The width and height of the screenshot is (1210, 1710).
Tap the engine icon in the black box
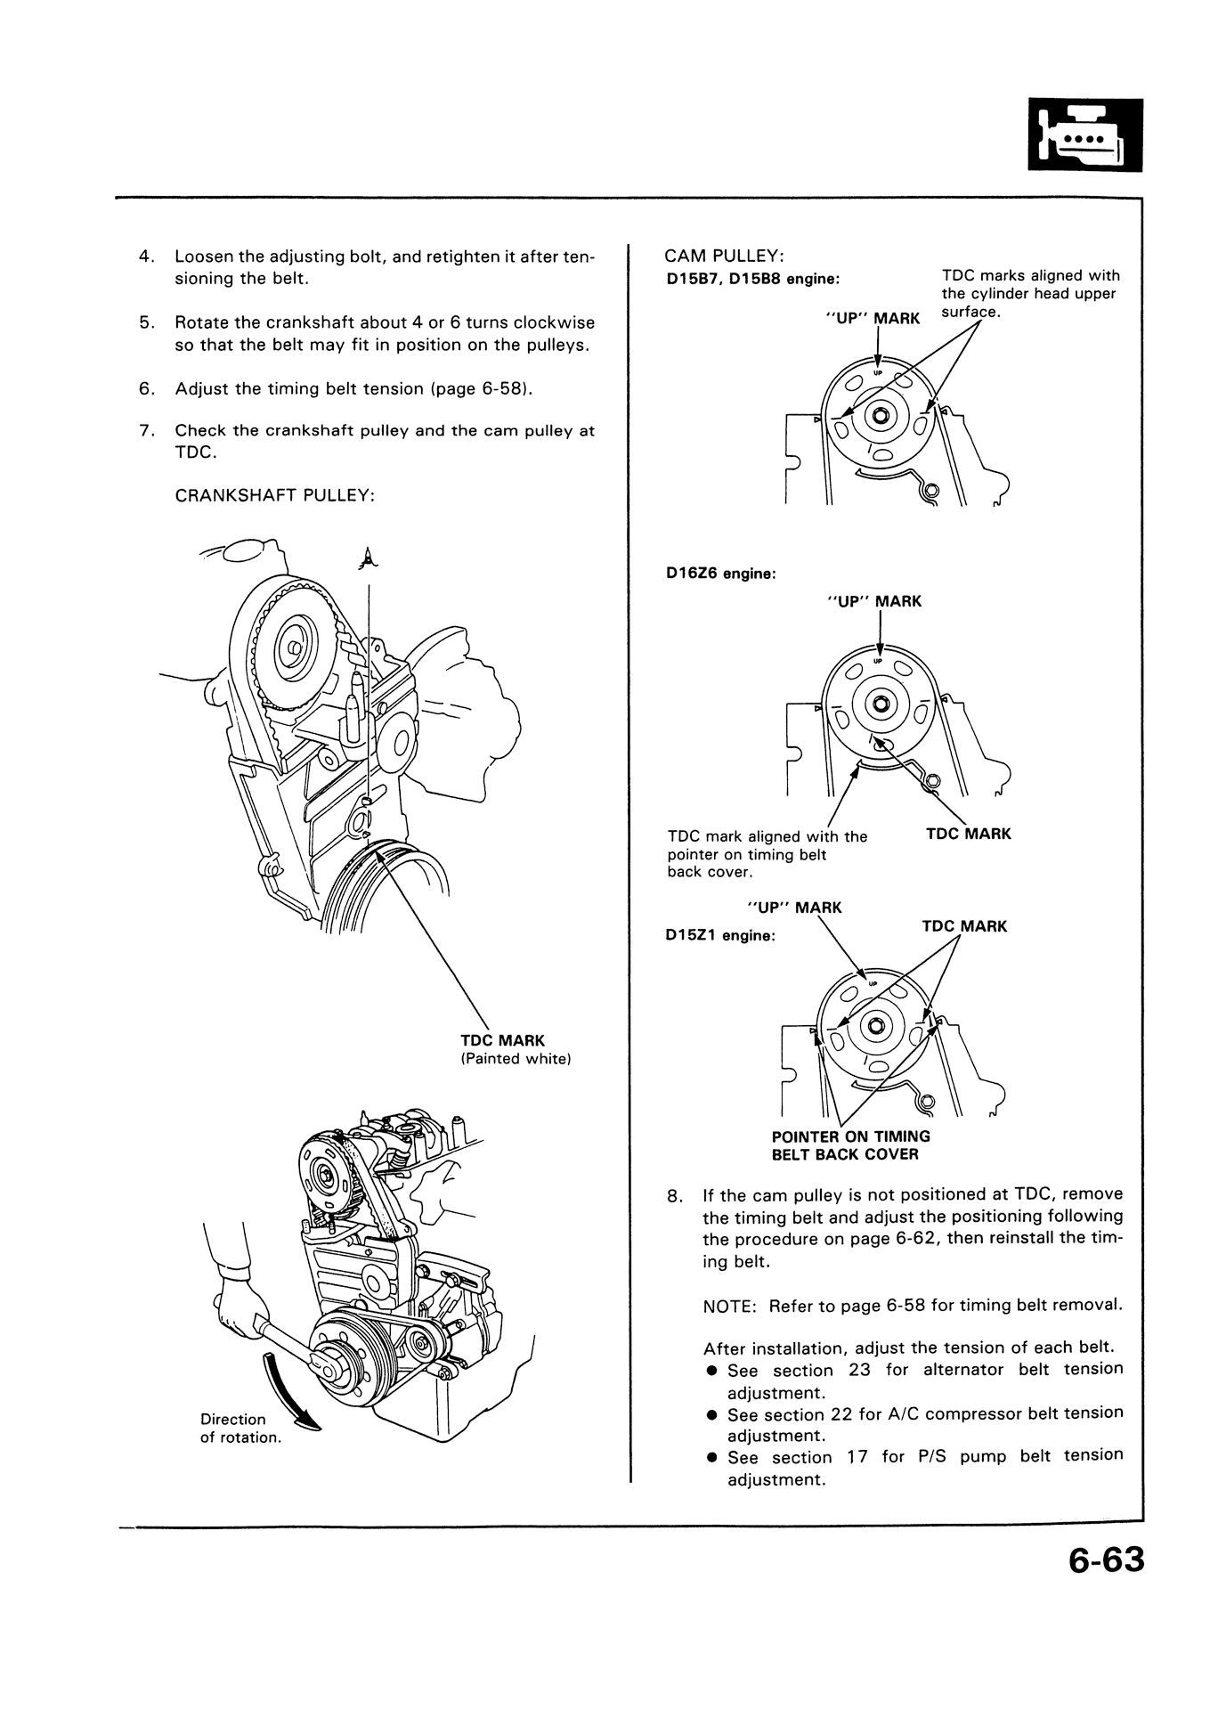[x=1084, y=135]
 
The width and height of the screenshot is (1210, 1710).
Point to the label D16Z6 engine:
[x=720, y=574]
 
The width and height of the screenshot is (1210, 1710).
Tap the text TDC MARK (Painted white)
[x=515, y=1049]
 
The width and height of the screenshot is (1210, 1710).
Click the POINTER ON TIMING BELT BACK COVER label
[x=850, y=1145]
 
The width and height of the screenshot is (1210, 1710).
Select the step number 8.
[x=673, y=1195]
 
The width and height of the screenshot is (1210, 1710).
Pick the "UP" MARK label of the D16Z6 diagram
[x=873, y=602]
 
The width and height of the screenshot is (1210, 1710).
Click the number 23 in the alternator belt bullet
[x=859, y=1370]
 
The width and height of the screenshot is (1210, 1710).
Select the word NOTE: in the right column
[x=729, y=1306]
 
